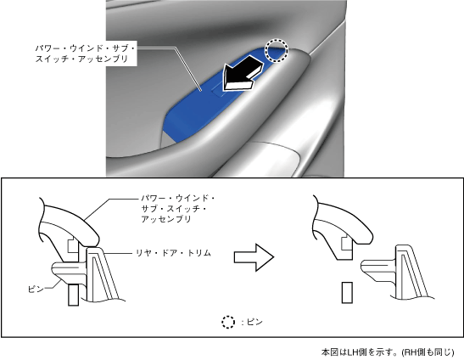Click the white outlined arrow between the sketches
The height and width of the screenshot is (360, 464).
[x=254, y=257]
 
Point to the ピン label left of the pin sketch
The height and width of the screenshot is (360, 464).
[x=36, y=289]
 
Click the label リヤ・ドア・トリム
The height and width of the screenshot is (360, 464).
[x=173, y=253]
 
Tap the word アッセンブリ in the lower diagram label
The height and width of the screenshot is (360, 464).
[x=166, y=219]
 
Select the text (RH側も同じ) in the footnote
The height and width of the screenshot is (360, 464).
[x=428, y=352]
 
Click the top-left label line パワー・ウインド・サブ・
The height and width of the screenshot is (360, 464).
[x=85, y=48]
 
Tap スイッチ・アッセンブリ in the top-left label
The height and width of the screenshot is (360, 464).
[x=81, y=59]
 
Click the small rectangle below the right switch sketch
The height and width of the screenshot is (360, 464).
[x=347, y=292]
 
